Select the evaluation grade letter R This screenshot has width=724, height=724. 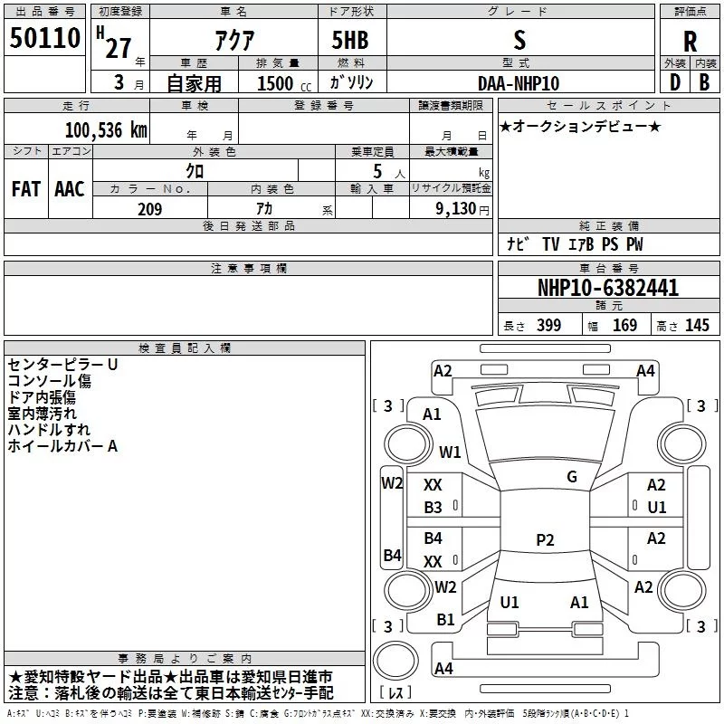[690, 42]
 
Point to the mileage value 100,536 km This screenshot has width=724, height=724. [105, 130]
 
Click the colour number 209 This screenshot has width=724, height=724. [149, 209]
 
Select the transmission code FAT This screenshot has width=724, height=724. [26, 188]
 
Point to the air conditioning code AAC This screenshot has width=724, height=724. [70, 188]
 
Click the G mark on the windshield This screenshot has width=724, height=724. [572, 477]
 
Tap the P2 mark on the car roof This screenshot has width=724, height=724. [545, 540]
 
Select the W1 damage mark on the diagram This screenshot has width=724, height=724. [450, 452]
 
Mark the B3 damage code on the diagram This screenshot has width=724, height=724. [433, 508]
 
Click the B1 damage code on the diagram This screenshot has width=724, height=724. [445, 620]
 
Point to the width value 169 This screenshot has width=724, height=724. [624, 326]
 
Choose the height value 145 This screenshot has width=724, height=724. [697, 326]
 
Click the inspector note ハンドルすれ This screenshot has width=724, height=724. [49, 429]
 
